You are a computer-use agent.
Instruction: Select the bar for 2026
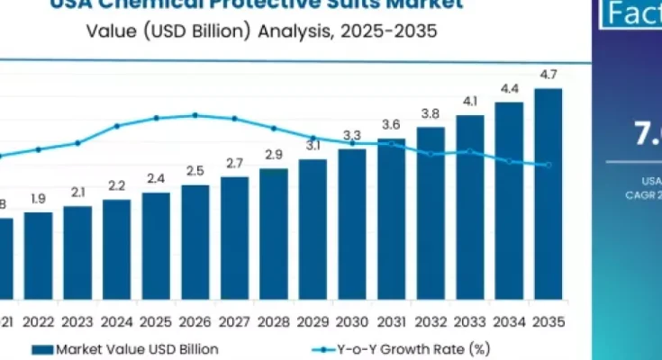click(x=195, y=242)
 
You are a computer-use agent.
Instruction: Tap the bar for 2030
click(x=351, y=224)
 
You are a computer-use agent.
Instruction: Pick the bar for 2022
click(x=38, y=256)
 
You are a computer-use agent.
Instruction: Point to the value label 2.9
click(x=274, y=155)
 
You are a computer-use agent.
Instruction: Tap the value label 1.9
click(x=38, y=198)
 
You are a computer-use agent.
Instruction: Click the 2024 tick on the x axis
click(x=116, y=321)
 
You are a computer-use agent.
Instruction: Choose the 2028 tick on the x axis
click(x=273, y=321)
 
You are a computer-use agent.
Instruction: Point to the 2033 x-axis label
click(x=469, y=321)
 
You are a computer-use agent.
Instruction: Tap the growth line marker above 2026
click(x=195, y=115)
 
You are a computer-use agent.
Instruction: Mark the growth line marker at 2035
click(x=549, y=165)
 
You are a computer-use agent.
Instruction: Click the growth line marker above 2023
click(x=77, y=143)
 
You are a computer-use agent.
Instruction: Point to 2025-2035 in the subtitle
click(x=391, y=31)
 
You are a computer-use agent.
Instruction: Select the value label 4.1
click(x=469, y=101)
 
